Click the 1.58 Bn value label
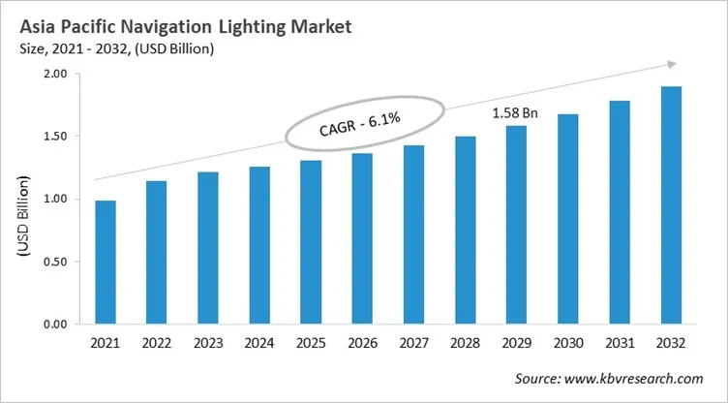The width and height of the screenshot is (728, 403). tap(514, 113)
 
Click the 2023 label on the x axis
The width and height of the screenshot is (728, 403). tap(208, 344)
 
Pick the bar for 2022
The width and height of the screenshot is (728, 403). tap(156, 253)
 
